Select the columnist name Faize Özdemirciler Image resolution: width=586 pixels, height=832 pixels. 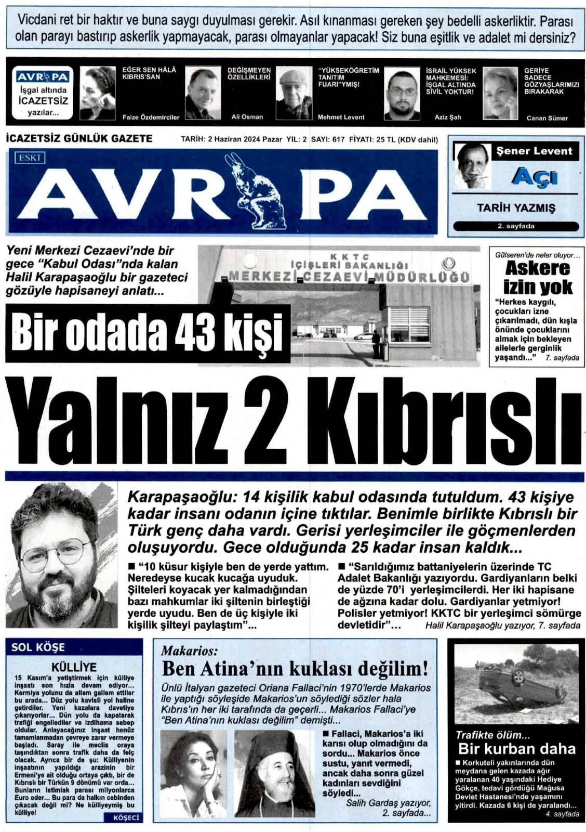(x=151, y=118)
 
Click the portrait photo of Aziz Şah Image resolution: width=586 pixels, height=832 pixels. (x=402, y=94)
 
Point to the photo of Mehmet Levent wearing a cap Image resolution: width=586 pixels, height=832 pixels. (x=294, y=94)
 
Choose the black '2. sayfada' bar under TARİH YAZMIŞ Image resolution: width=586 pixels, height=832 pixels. (x=515, y=226)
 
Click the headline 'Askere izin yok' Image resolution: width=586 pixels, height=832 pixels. (x=537, y=278)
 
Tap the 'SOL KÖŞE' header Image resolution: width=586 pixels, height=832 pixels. (x=38, y=647)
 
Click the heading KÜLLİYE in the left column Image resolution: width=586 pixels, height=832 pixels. (x=74, y=667)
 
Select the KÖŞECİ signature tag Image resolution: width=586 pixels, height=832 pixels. (x=126, y=817)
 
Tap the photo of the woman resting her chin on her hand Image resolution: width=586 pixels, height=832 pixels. (x=193, y=767)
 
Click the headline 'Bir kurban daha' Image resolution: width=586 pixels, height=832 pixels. (x=516, y=749)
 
